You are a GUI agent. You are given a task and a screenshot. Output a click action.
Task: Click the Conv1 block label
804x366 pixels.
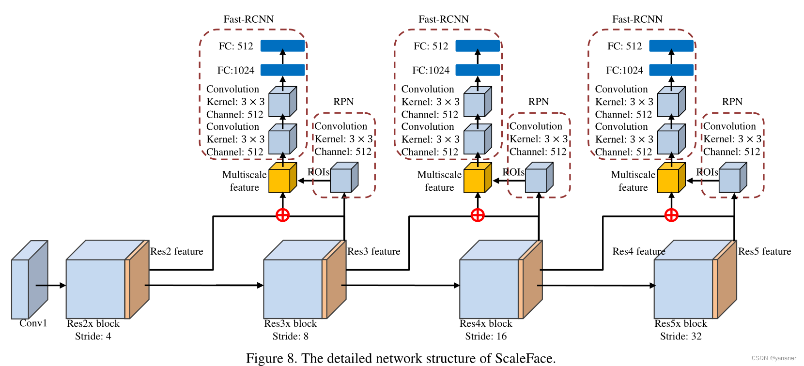coord(33,323)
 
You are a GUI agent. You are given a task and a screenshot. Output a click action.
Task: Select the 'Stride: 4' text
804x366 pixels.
coord(93,336)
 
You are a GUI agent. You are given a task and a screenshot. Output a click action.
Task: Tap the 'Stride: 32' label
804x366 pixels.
coord(680,336)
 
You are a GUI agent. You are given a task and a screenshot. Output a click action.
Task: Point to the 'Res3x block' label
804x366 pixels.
coord(290,324)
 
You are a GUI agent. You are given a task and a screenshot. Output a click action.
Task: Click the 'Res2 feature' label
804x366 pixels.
coord(177,251)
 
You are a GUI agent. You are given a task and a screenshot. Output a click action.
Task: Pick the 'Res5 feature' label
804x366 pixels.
coord(764,251)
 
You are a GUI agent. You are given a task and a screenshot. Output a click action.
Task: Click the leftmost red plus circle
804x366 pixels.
coord(283,215)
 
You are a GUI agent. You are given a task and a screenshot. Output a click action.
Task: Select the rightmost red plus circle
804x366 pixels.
coord(671,215)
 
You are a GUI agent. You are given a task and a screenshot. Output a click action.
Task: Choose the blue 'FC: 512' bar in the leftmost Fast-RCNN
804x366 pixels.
coord(283,46)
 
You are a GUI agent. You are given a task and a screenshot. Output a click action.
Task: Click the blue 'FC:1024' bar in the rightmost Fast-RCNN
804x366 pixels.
coord(671,70)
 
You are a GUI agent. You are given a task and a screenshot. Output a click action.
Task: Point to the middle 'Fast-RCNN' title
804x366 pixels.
coord(444,19)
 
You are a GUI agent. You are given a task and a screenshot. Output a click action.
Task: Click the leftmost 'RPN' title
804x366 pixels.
coord(343,102)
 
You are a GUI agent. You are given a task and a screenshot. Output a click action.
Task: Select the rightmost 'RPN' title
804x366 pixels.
coord(732,102)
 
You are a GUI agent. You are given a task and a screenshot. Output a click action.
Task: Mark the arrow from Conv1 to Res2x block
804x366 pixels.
coord(51,286)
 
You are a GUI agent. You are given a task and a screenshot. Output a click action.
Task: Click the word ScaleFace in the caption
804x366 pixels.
coord(524,359)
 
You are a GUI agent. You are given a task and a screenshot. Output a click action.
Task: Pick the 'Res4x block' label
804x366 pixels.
coord(486,324)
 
